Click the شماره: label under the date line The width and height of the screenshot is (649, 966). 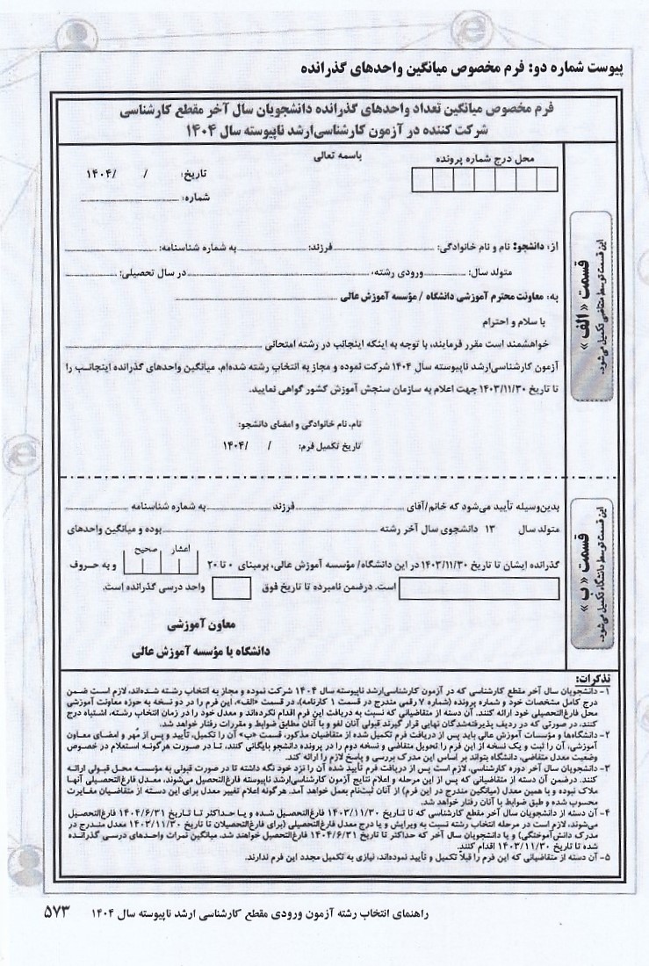(198, 197)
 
